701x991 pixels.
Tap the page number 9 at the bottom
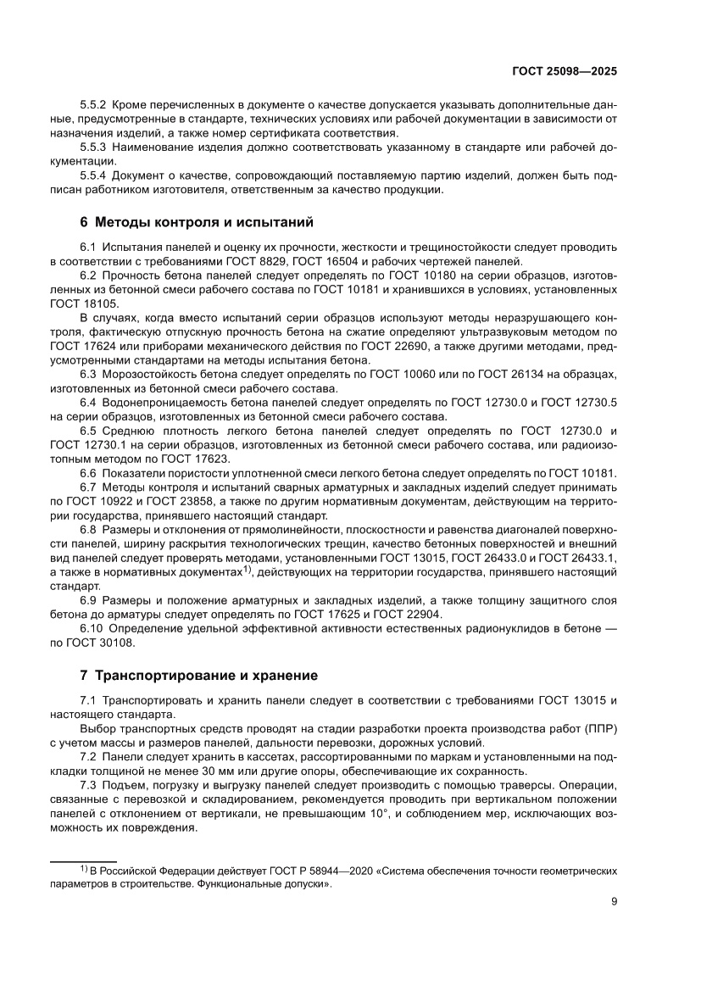(613, 902)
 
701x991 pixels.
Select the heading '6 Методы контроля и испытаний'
(197, 223)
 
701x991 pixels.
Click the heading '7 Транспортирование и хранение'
(198, 676)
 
